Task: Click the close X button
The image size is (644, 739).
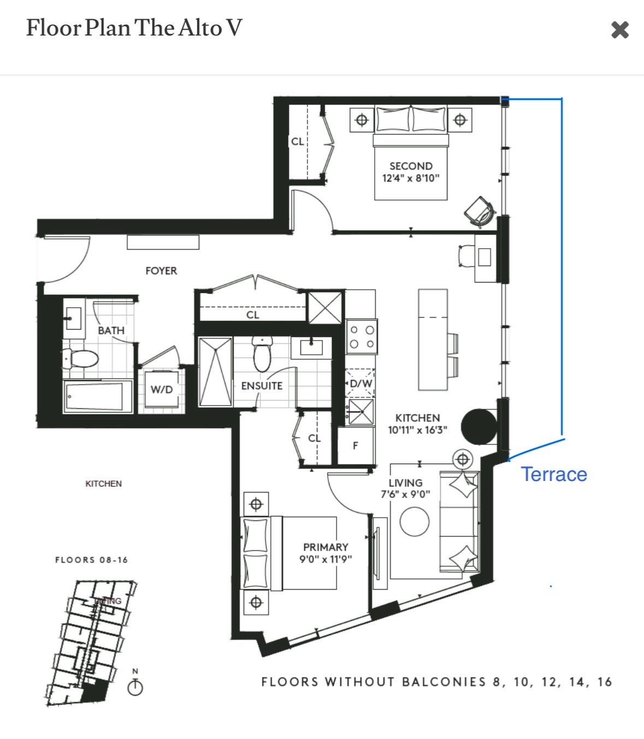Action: click(620, 30)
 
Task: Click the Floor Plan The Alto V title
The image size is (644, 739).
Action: click(134, 28)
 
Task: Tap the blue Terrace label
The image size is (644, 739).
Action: click(553, 474)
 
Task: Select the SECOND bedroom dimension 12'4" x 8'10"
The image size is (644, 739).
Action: click(411, 178)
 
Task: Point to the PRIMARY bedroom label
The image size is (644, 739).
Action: click(326, 547)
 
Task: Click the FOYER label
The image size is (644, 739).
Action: click(161, 271)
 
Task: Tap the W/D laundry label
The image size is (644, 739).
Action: click(161, 389)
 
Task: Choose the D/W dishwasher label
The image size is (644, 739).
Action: click(361, 383)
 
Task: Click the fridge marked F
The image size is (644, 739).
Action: click(356, 445)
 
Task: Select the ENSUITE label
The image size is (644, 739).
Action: click(262, 385)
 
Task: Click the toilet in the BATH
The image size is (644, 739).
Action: click(80, 359)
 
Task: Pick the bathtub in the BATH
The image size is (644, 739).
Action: click(97, 396)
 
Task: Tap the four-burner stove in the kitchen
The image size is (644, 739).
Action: click(362, 337)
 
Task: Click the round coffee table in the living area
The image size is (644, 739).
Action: click(415, 522)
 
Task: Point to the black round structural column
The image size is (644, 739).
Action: click(478, 427)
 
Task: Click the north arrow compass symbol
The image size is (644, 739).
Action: click(135, 686)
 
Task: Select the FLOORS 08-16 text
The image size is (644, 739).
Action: click(91, 560)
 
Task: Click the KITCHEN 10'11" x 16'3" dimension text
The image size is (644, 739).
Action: click(417, 430)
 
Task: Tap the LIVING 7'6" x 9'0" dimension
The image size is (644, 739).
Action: click(405, 494)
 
